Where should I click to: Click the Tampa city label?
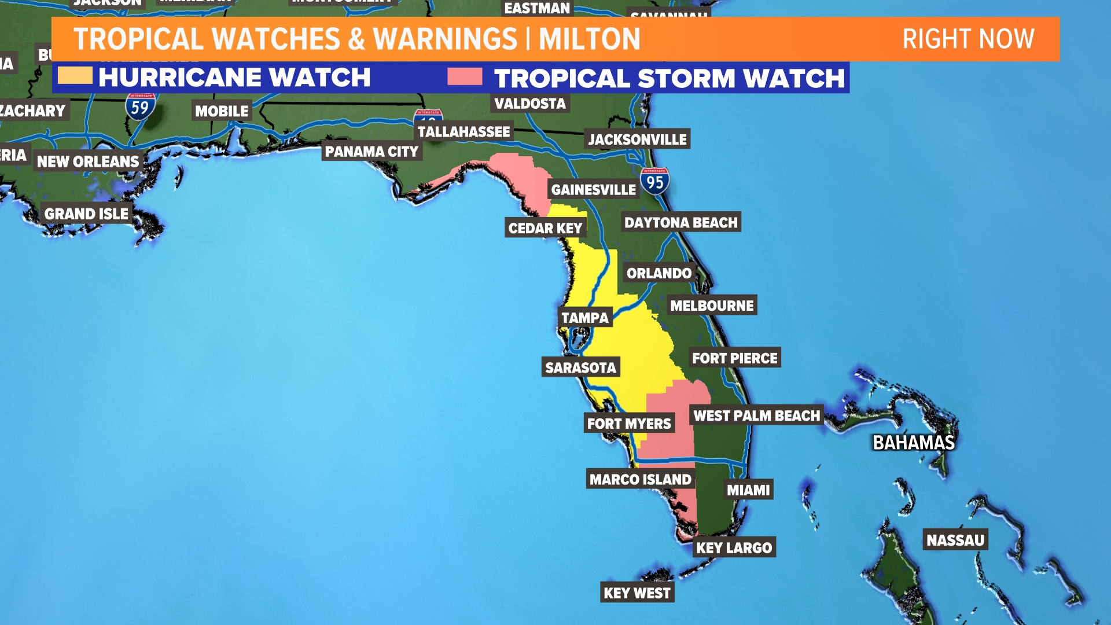585,318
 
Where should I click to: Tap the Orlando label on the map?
659,273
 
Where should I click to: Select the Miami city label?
748,490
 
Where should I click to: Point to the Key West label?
637,593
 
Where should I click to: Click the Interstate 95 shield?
655,181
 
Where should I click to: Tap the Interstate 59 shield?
140,106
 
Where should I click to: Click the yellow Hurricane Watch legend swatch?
75,76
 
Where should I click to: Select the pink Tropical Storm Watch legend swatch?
465,76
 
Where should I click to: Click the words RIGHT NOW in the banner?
968,39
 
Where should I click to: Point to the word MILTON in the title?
589,39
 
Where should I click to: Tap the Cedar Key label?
545,228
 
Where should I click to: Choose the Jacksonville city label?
637,139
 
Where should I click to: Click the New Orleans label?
88,161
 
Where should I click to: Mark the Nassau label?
955,541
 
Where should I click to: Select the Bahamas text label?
913,443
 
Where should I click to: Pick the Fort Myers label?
629,424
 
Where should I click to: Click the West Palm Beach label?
756,416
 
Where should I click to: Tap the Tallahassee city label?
463,132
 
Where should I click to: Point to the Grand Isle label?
86,214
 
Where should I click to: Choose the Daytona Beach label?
680,223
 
